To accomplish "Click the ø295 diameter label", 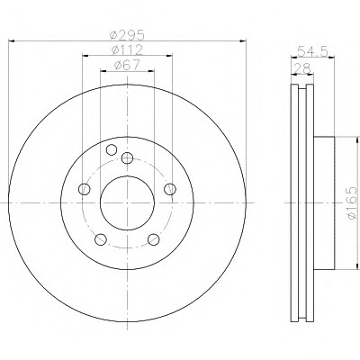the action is pyautogui.click(x=128, y=35).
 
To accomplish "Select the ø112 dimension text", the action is pyautogui.click(x=127, y=50).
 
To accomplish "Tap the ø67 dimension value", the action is pyautogui.click(x=127, y=66).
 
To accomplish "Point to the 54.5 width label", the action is pyautogui.click(x=313, y=51).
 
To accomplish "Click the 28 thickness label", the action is pyautogui.click(x=302, y=68).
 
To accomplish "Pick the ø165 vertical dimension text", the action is pyautogui.click(x=351, y=202).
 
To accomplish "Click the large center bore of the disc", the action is pyautogui.click(x=127, y=202).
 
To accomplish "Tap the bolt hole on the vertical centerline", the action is pyautogui.click(x=128, y=157).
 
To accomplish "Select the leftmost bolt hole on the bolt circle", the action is pyautogui.click(x=84, y=189).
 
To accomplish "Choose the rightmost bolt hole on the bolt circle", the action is pyautogui.click(x=170, y=189).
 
